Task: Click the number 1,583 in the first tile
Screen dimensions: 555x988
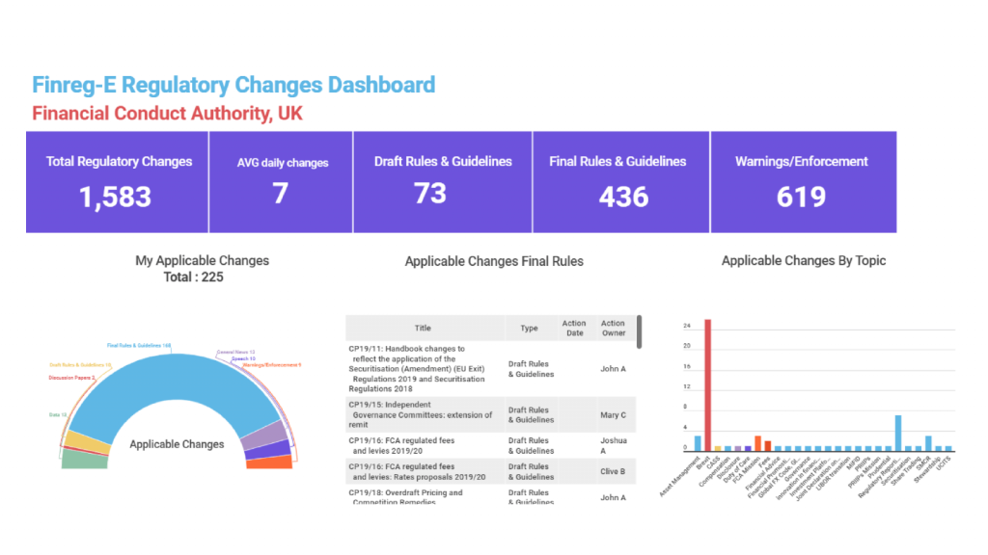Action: pos(116,198)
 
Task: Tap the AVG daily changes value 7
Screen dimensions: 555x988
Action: pos(280,194)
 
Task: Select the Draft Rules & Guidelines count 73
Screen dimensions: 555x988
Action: pos(430,194)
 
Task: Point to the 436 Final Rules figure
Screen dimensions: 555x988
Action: pos(623,198)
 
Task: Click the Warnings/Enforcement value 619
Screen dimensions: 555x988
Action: pos(801,198)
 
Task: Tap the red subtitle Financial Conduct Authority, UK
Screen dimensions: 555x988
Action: pos(167,113)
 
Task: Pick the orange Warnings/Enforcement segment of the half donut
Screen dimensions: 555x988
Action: pos(271,462)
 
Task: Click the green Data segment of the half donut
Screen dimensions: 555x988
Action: pos(84,461)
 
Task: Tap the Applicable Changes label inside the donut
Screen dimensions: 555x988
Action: pos(177,444)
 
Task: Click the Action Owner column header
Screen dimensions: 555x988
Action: pos(613,329)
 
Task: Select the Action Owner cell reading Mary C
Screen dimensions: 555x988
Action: pos(613,415)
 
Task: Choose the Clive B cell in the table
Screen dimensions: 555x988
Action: pos(613,471)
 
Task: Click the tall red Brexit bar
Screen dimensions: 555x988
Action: pos(707,385)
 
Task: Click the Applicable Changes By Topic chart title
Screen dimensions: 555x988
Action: pos(803,260)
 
